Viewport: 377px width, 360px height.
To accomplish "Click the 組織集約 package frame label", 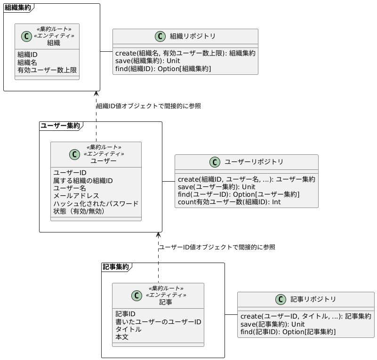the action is click(x=18, y=8).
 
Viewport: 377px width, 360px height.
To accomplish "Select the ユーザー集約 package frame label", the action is click(x=60, y=126).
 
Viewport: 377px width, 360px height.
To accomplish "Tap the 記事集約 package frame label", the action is click(x=116, y=266).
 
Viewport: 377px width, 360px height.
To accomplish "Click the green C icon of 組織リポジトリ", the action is click(x=160, y=36).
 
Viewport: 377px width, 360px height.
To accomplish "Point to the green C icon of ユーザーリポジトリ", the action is click(x=215, y=162).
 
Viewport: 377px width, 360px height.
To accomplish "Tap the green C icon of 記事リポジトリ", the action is click(x=281, y=299).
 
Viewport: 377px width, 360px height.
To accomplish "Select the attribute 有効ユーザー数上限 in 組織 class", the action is click(x=47, y=70).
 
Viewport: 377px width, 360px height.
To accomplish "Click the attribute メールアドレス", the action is click(x=76, y=196).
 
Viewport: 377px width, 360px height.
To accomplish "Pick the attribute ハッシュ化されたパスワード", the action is click(x=96, y=203).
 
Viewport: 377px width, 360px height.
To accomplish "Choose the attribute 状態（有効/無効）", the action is click(x=79, y=211).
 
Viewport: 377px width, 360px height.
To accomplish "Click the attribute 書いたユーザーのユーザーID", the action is click(x=158, y=321).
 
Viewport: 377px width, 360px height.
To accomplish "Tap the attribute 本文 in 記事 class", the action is click(x=122, y=337).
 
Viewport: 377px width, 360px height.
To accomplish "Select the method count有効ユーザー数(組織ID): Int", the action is click(x=229, y=202).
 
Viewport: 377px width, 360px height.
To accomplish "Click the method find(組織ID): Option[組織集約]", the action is click(x=163, y=69).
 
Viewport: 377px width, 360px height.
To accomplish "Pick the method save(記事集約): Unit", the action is click(x=273, y=324).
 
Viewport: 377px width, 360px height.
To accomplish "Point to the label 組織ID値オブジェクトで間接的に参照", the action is click(x=149, y=106).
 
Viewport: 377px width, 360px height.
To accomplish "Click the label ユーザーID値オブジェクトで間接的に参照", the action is click(x=217, y=247).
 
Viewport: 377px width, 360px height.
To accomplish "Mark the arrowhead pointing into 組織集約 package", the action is click(x=96, y=93).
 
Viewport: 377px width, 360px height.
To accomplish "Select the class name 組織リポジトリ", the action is click(x=193, y=36).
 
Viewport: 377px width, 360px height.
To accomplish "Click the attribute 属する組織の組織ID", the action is click(x=83, y=181).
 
